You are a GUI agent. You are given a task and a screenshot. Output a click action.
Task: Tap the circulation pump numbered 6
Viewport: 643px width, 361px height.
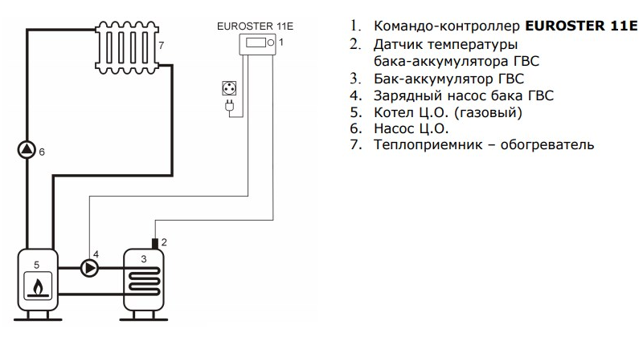click(x=27, y=150)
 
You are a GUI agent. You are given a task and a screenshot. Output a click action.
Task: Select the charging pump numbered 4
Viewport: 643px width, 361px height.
click(x=90, y=268)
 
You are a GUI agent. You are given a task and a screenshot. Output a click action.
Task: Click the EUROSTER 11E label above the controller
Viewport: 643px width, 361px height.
click(x=255, y=26)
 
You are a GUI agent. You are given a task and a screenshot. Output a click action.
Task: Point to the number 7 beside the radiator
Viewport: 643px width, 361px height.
click(x=161, y=45)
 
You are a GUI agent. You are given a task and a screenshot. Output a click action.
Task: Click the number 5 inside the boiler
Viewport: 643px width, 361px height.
click(x=35, y=261)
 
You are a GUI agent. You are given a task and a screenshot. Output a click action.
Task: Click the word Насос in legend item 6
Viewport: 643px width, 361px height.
click(x=395, y=128)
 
